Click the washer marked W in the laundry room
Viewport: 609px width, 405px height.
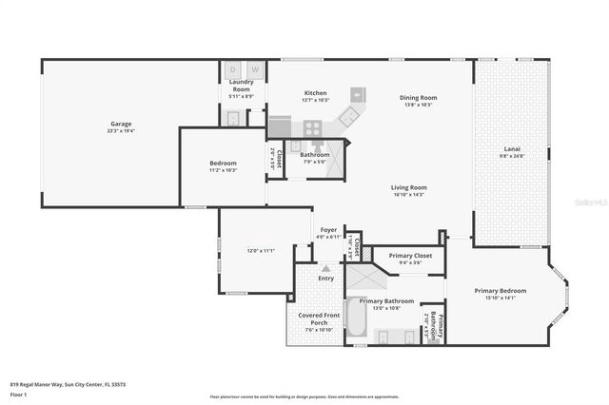[x=255, y=69]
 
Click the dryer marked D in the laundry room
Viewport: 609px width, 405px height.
[x=234, y=69]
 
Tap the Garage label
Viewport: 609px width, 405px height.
[x=120, y=124]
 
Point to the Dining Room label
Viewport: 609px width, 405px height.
[x=418, y=97]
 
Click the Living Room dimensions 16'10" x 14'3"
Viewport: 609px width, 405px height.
[x=408, y=195]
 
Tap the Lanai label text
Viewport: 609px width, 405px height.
[x=512, y=149]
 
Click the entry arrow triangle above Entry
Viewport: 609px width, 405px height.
[x=325, y=269]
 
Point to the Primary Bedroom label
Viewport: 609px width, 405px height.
[x=501, y=291]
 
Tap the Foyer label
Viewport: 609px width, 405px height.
[x=328, y=229]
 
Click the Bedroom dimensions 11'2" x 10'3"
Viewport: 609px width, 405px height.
[x=223, y=170]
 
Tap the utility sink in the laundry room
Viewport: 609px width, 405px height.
[x=234, y=118]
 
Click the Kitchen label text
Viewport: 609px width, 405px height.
[x=315, y=92]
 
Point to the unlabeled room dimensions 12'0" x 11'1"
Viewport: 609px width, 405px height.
[x=261, y=251]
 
